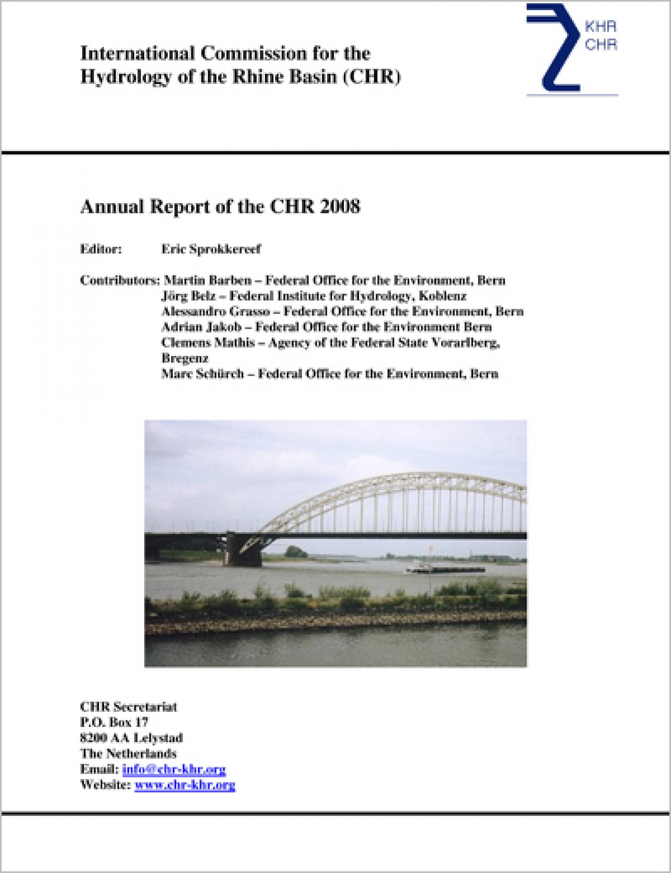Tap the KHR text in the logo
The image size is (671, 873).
pos(600,27)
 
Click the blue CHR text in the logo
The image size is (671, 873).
pos(600,45)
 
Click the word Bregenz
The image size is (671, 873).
pos(184,358)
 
